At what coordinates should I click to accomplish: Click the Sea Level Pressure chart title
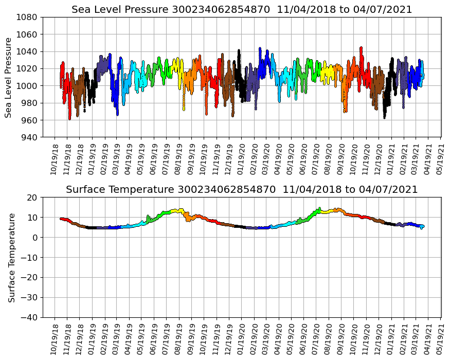pyautogui.click(x=242, y=9)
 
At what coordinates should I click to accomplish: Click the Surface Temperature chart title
pyautogui.click(x=242, y=190)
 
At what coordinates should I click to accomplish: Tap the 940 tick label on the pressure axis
pyautogui.click(x=29, y=137)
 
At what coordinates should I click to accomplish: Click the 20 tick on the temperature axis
pyautogui.click(x=32, y=197)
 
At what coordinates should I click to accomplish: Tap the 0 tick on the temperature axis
pyautogui.click(x=34, y=238)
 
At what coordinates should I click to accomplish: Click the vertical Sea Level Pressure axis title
pyautogui.click(x=8, y=77)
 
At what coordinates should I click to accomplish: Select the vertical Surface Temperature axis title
pyautogui.click(x=11, y=258)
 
